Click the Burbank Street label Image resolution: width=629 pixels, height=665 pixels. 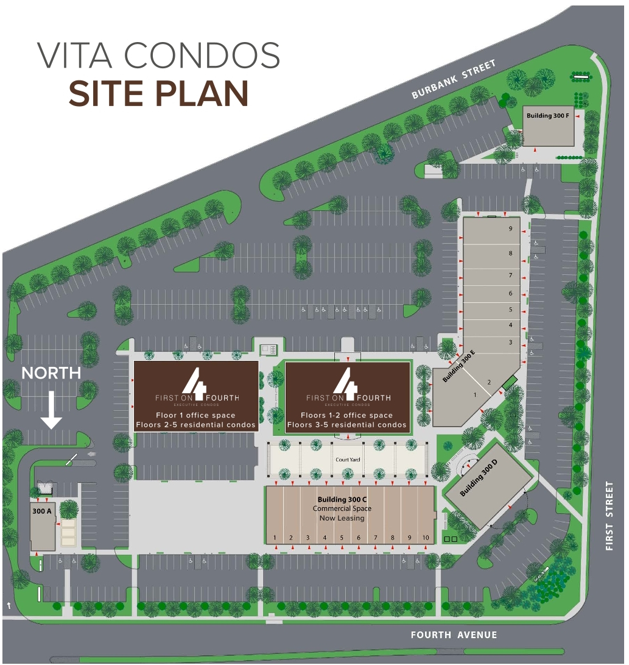454,79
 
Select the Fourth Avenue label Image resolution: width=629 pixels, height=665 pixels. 454,635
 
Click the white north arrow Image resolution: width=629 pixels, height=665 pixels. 52,409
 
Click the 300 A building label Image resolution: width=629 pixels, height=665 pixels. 41,511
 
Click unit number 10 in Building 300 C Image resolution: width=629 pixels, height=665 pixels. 426,538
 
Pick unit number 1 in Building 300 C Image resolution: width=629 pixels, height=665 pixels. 275,538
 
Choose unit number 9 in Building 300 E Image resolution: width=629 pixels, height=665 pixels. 511,229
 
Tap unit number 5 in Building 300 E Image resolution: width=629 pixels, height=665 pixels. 511,310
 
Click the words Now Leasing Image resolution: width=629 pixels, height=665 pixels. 342,518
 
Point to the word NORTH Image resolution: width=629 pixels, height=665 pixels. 52,373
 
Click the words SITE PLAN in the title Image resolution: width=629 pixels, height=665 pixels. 158,93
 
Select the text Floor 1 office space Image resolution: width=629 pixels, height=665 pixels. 195,416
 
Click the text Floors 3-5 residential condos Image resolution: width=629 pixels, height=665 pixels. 347,425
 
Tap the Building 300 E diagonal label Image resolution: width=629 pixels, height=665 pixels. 459,367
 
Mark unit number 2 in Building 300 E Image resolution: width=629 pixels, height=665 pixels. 488,383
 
